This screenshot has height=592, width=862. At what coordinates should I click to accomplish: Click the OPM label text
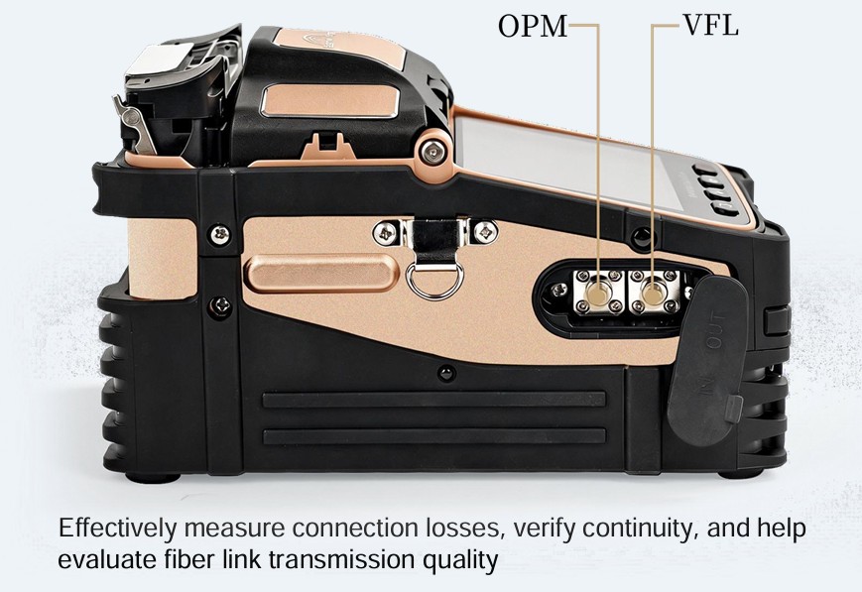532,26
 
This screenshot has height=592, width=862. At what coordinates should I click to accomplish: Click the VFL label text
710,25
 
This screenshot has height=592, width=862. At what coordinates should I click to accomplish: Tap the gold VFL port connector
652,294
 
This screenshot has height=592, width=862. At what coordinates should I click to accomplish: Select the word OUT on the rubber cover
715,330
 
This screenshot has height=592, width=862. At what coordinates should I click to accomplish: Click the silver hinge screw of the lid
434,150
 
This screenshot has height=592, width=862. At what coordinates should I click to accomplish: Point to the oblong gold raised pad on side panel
321,273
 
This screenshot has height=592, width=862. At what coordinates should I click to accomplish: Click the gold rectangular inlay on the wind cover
328,100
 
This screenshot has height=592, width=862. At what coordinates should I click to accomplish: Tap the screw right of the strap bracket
485,231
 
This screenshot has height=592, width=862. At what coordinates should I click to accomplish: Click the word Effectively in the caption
118,528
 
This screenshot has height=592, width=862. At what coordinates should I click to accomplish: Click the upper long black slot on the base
434,399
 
